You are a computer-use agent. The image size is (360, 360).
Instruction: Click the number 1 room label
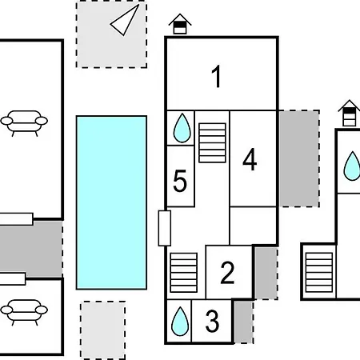pos(217,76)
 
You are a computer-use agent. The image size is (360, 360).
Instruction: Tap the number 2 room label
pos(227,273)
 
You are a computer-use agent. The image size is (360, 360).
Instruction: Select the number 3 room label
pos(212,321)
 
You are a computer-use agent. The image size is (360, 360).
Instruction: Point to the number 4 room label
pos(250,159)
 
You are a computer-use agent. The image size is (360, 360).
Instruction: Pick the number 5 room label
pos(180,181)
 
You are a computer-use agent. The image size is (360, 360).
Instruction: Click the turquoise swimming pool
pos(111,202)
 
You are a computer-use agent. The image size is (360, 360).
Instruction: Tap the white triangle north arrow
pos(125,20)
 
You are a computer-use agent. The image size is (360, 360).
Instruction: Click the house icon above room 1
pos(180,24)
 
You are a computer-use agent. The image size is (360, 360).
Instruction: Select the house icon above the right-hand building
pos(350,113)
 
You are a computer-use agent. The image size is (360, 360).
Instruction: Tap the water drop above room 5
pos(182,128)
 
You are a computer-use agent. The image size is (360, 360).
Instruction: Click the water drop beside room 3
pos(180,322)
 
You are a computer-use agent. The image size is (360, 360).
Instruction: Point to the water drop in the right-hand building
pos(353,166)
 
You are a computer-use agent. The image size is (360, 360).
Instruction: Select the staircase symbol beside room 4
pos(212,143)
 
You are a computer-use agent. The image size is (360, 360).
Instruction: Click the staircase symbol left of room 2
pos(184,273)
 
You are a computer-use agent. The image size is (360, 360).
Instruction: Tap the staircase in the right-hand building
pos(319,273)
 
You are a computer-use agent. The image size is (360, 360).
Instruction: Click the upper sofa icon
pos(24,123)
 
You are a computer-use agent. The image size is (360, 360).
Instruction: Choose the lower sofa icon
pos(24,312)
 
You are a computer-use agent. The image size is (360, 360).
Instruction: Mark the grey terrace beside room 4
pos(299,158)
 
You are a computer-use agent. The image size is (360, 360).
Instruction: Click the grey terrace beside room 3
pos(244,322)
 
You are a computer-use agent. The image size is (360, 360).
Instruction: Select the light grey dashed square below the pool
pos(103,330)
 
